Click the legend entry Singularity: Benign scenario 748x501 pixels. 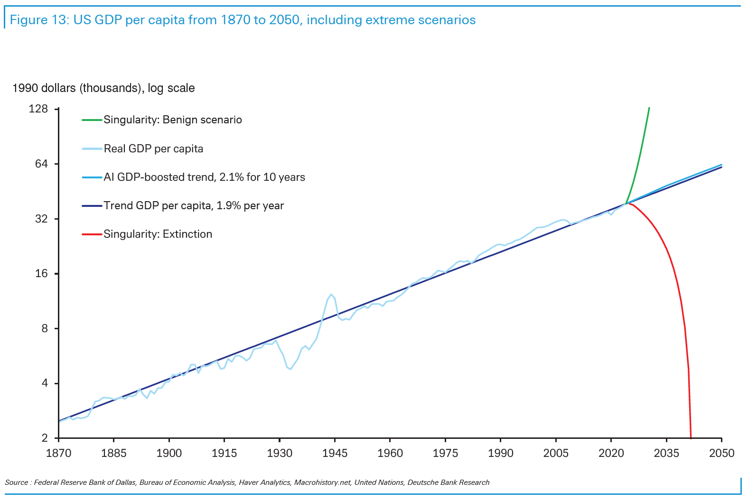(173, 120)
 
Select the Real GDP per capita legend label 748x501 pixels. (153, 149)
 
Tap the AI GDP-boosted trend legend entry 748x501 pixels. (204, 177)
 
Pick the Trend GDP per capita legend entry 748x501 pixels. (194, 206)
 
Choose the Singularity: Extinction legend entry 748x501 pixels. (158, 234)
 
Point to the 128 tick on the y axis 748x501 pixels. (38, 109)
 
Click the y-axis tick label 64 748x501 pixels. (41, 164)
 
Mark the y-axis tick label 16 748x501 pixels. (41, 274)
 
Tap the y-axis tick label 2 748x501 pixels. (45, 438)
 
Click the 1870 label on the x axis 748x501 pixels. (58, 454)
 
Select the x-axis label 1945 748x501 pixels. (335, 454)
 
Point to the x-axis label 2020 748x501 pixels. (611, 454)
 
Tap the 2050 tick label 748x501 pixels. (721, 454)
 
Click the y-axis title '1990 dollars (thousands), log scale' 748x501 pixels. (103, 88)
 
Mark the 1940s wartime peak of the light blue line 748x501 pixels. (331, 294)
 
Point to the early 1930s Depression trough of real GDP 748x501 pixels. (290, 369)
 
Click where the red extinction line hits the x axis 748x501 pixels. (691, 437)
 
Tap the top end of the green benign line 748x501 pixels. (649, 108)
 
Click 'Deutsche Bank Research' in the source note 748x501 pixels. (448, 482)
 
